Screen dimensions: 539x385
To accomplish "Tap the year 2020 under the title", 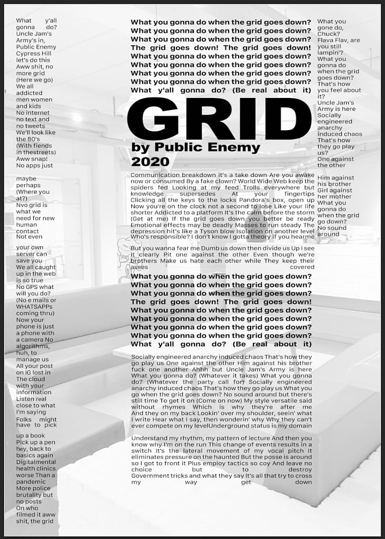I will point(150,162).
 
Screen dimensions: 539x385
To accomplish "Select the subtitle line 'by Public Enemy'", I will point(195,147).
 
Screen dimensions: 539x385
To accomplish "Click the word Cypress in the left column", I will point(27,54).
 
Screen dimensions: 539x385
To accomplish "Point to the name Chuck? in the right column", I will point(329,34).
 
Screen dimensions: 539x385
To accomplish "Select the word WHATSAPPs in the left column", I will point(34,306).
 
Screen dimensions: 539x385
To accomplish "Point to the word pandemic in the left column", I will point(31,482).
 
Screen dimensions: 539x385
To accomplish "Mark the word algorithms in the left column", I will point(34,346).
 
